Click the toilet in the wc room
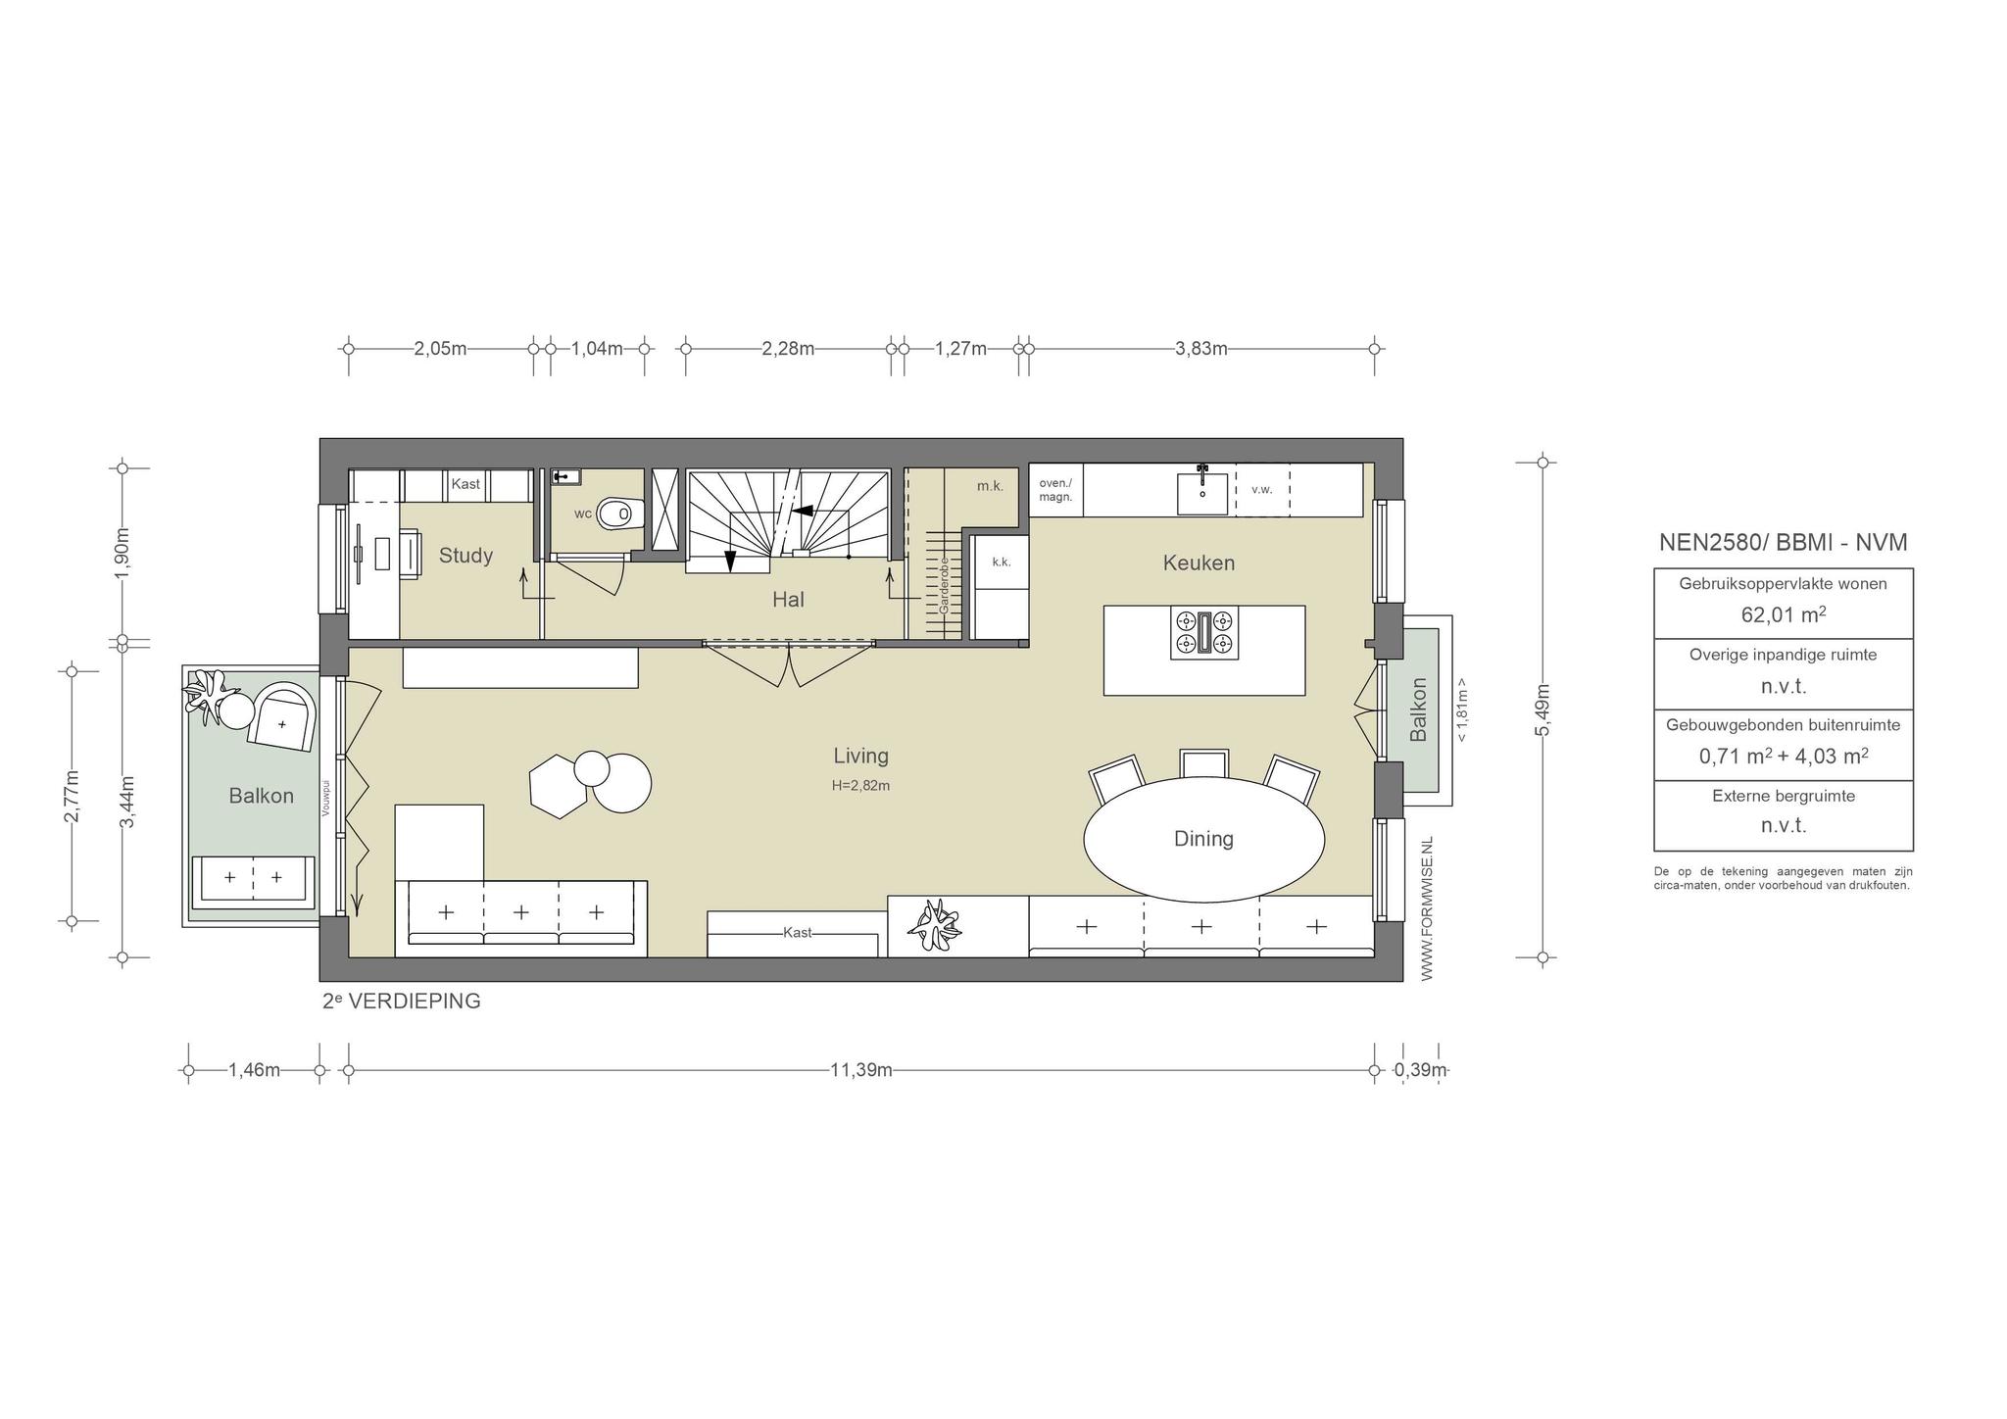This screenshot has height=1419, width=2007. [x=618, y=513]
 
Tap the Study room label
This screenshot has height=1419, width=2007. [x=465, y=556]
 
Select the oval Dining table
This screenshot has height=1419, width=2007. [x=1203, y=839]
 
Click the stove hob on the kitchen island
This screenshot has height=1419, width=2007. [x=1204, y=632]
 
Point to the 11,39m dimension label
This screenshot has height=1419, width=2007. [x=861, y=1070]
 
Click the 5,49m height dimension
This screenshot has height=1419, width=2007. [x=1542, y=710]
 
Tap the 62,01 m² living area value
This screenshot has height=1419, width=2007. [x=1784, y=615]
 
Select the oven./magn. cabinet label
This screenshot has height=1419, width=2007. [x=1055, y=490]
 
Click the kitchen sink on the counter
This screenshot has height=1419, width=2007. [x=1202, y=493]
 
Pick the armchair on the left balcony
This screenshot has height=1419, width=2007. [x=282, y=716]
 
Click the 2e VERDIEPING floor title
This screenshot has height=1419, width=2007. [x=402, y=1002]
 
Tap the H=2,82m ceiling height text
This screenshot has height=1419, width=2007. [x=861, y=785]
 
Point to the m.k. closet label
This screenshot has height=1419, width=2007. [x=990, y=486]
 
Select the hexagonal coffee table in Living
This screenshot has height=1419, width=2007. [x=559, y=786]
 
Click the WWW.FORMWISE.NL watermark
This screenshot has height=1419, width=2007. [x=1427, y=908]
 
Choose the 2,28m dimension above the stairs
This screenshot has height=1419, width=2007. [x=788, y=348]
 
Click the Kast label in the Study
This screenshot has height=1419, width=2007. [x=465, y=484]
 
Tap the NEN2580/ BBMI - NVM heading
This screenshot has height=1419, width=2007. [x=1784, y=543]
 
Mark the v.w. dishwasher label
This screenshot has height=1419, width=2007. [x=1262, y=489]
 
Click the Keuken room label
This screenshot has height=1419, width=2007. [x=1199, y=563]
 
